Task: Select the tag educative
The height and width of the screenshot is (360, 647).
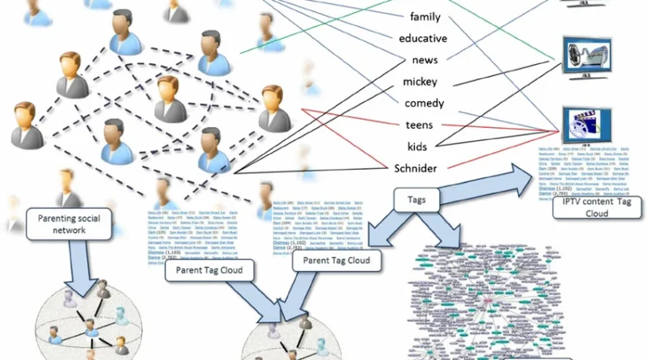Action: pyautogui.click(x=434, y=37)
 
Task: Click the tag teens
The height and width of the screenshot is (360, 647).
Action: pyautogui.click(x=421, y=125)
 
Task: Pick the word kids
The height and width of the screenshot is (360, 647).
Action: pyautogui.click(x=418, y=146)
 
